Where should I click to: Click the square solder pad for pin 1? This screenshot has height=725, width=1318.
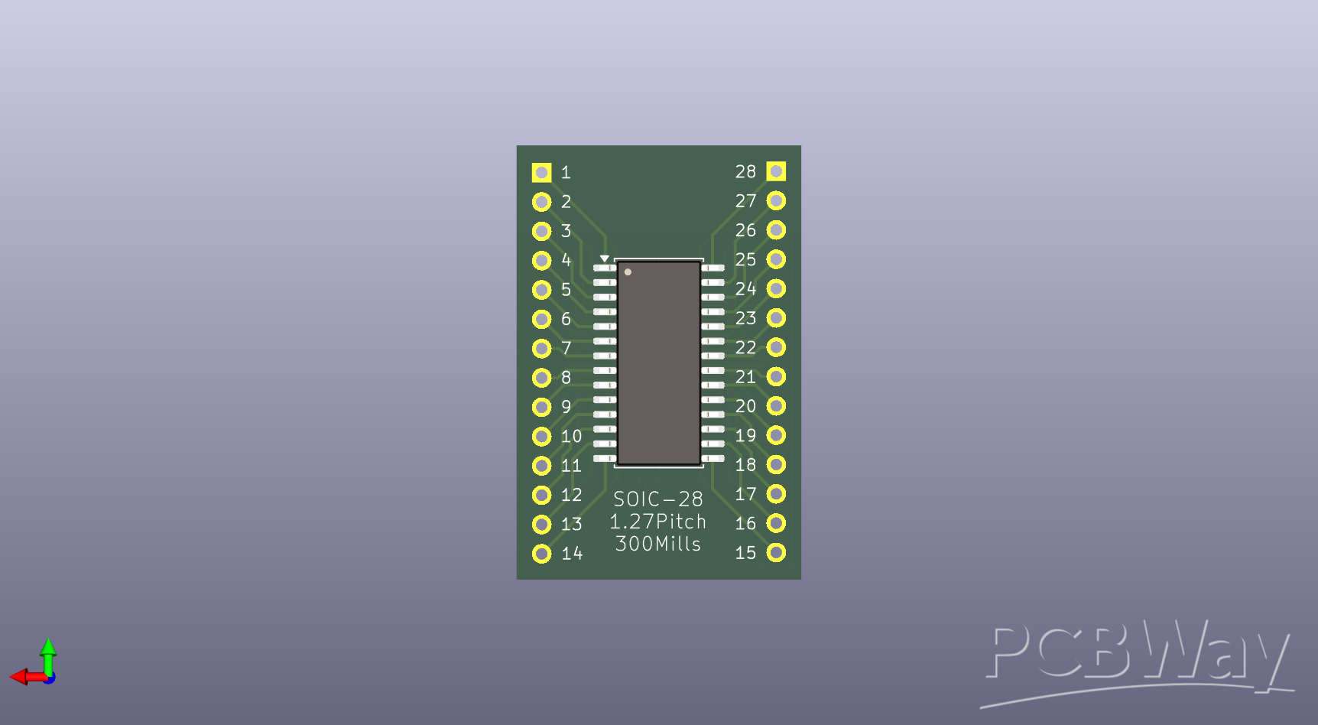pos(541,173)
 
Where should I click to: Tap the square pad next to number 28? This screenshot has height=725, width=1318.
pos(776,171)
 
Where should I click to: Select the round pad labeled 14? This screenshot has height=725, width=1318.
pos(541,554)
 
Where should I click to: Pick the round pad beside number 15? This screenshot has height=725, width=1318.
pos(776,552)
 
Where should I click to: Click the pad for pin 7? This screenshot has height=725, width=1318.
pos(541,349)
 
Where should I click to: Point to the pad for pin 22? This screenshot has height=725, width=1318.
pos(776,347)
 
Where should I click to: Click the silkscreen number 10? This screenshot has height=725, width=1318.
pos(571,437)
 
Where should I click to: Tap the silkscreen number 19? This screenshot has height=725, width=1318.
pos(745,436)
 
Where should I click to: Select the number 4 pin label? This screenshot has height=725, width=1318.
pos(566,260)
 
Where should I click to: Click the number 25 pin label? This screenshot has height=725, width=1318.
pos(745,260)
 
